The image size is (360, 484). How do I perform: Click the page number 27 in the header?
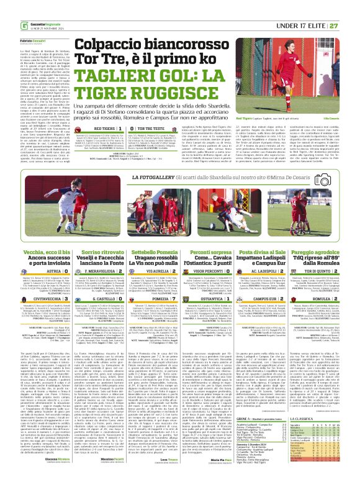click(352, 7)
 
